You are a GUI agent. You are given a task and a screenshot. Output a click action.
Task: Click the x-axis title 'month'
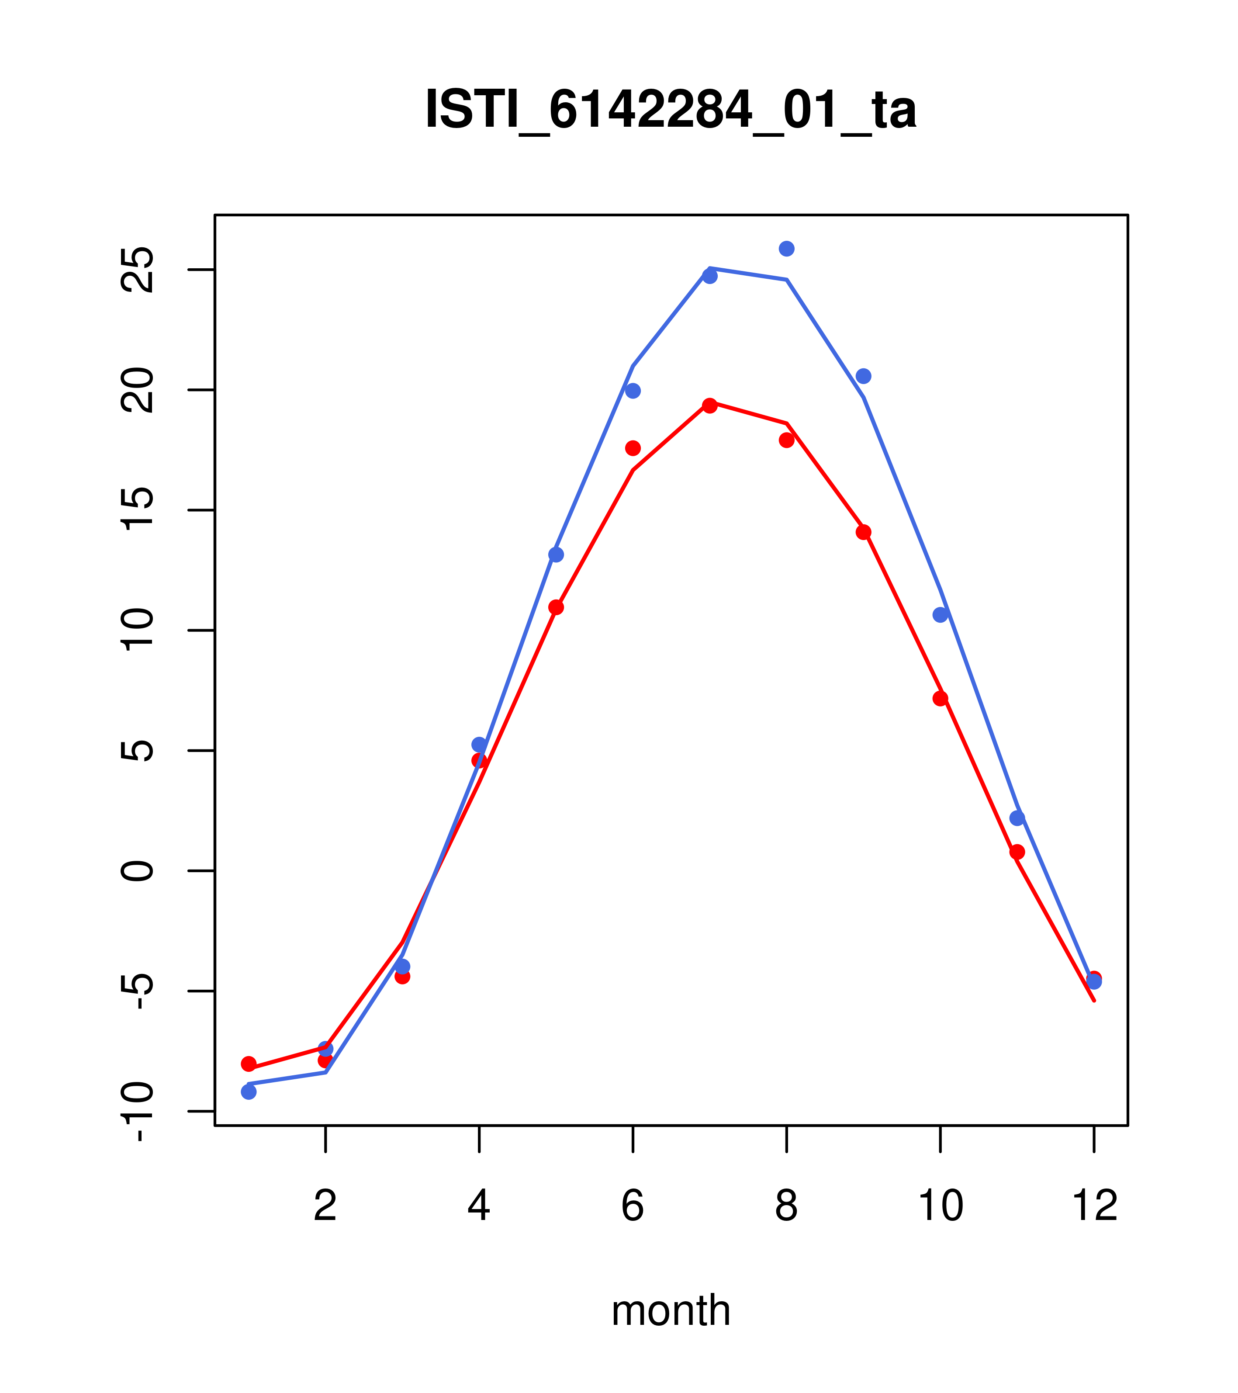click(671, 1310)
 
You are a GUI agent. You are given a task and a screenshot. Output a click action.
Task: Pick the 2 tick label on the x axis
click(326, 1206)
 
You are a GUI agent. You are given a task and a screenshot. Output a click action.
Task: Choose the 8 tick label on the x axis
click(786, 1206)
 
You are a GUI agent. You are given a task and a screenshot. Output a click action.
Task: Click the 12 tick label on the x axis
click(1094, 1206)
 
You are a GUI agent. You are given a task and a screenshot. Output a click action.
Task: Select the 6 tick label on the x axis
click(633, 1206)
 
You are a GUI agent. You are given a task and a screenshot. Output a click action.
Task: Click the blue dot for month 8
click(786, 249)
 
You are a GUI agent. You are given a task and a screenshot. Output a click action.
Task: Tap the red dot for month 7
click(709, 405)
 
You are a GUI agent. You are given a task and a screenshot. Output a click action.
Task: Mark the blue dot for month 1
click(249, 1092)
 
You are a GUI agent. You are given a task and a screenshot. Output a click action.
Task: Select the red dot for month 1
click(249, 1064)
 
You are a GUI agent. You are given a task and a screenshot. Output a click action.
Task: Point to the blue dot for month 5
click(556, 555)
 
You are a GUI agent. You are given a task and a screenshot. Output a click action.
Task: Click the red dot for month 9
click(863, 532)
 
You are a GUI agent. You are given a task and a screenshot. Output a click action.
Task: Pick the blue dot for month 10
click(940, 615)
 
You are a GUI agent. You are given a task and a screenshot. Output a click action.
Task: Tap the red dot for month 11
click(1017, 852)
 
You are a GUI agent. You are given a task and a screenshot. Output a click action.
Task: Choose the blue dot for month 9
click(863, 376)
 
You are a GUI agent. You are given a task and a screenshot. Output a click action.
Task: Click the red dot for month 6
click(633, 448)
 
